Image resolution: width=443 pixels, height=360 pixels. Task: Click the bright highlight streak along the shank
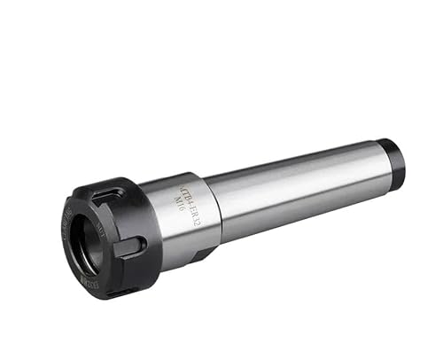(301, 172)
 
